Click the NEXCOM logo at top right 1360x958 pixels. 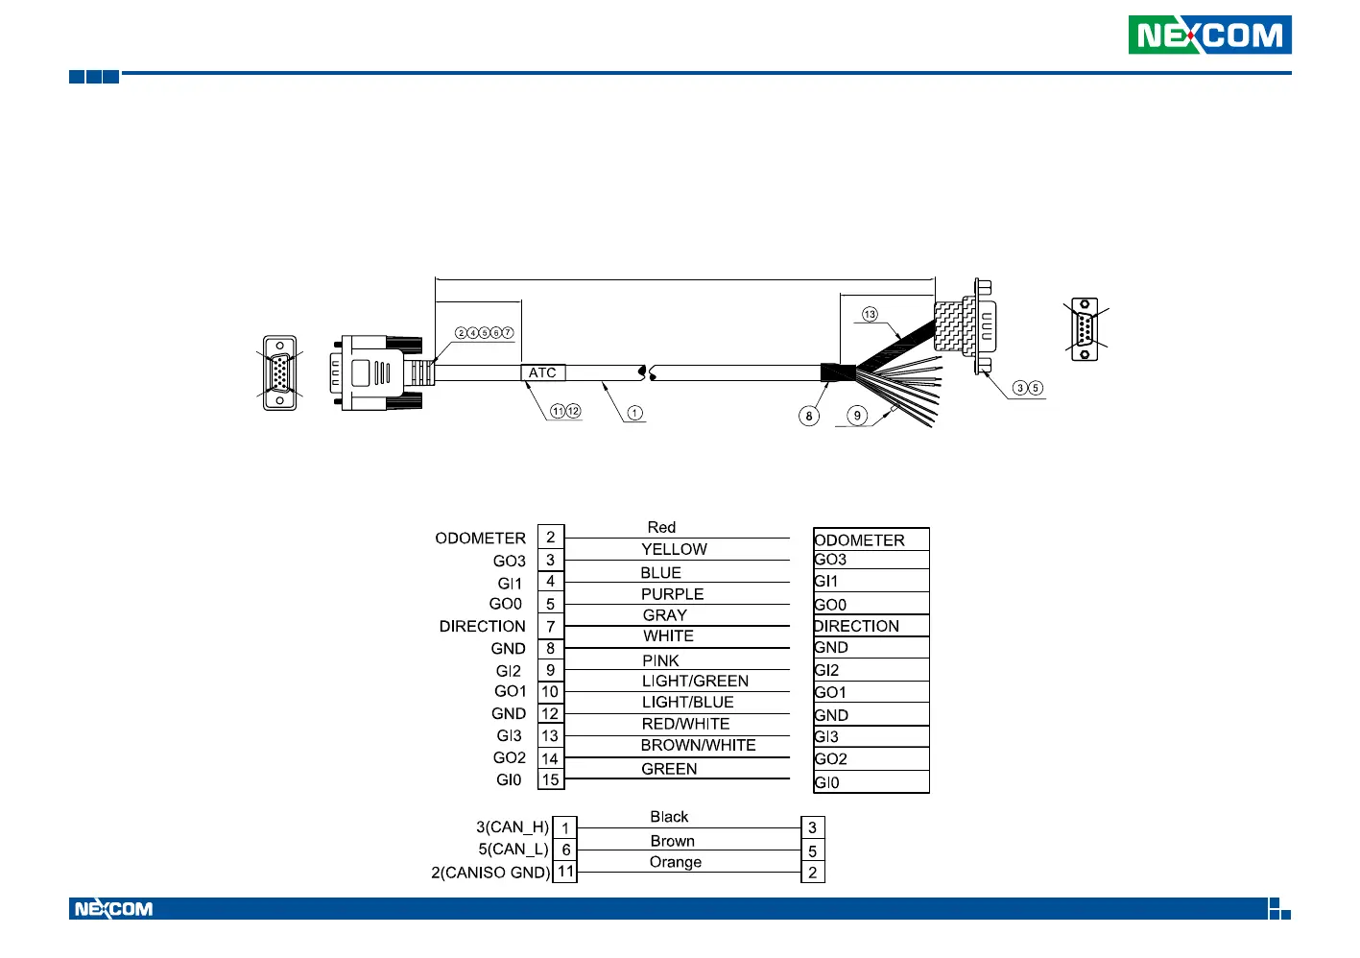click(x=1209, y=36)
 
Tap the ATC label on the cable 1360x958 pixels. click(x=542, y=372)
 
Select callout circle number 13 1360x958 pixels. click(x=870, y=314)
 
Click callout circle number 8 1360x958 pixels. click(x=809, y=416)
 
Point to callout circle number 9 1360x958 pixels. click(x=857, y=415)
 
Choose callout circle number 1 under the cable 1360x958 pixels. click(x=634, y=413)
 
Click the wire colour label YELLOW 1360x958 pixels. click(x=674, y=549)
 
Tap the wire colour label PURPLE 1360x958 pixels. click(x=672, y=594)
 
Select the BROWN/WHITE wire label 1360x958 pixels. click(x=698, y=745)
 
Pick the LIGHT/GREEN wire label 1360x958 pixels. click(x=695, y=681)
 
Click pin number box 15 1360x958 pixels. click(x=550, y=779)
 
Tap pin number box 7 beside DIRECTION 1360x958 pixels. click(x=551, y=626)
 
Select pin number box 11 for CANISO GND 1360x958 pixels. click(x=565, y=872)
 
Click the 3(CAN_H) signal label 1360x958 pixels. click(x=513, y=826)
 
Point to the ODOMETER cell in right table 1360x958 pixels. click(x=860, y=540)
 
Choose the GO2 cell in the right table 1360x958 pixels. click(x=831, y=758)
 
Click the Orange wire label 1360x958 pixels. click(x=675, y=862)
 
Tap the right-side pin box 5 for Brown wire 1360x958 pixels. click(x=812, y=850)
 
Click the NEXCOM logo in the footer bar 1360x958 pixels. click(x=113, y=909)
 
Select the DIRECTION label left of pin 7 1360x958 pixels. click(x=482, y=626)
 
